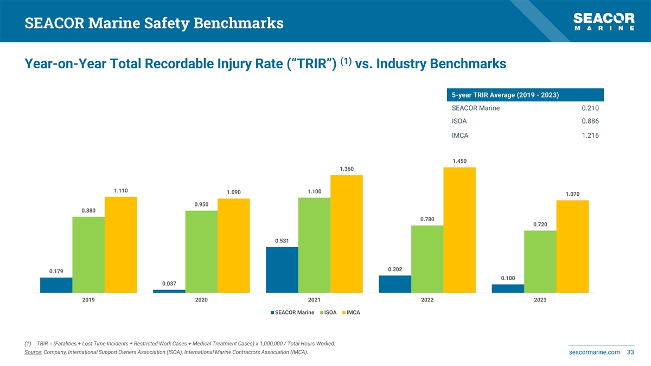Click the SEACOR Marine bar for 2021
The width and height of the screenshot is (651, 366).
coord(282,270)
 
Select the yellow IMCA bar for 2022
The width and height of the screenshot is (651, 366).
coord(459,230)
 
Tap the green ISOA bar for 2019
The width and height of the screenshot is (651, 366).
coord(88,255)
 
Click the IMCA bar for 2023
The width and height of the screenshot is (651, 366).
coord(572,247)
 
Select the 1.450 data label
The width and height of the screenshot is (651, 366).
coord(459,161)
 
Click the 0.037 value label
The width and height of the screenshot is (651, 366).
coord(169,284)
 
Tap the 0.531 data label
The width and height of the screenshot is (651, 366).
coord(282,241)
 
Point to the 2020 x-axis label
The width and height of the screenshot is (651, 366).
coord(201,300)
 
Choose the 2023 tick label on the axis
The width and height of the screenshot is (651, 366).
coord(540,300)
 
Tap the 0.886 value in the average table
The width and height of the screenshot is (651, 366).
coord(590,121)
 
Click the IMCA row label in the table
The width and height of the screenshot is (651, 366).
coord(459,136)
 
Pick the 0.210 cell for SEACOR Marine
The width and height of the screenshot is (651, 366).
coord(590,108)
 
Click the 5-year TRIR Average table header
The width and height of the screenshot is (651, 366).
coord(506,95)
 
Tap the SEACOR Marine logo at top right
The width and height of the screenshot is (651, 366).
coord(604,22)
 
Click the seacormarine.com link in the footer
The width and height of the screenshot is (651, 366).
coord(594,352)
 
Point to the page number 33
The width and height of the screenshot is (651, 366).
coord(630,352)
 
